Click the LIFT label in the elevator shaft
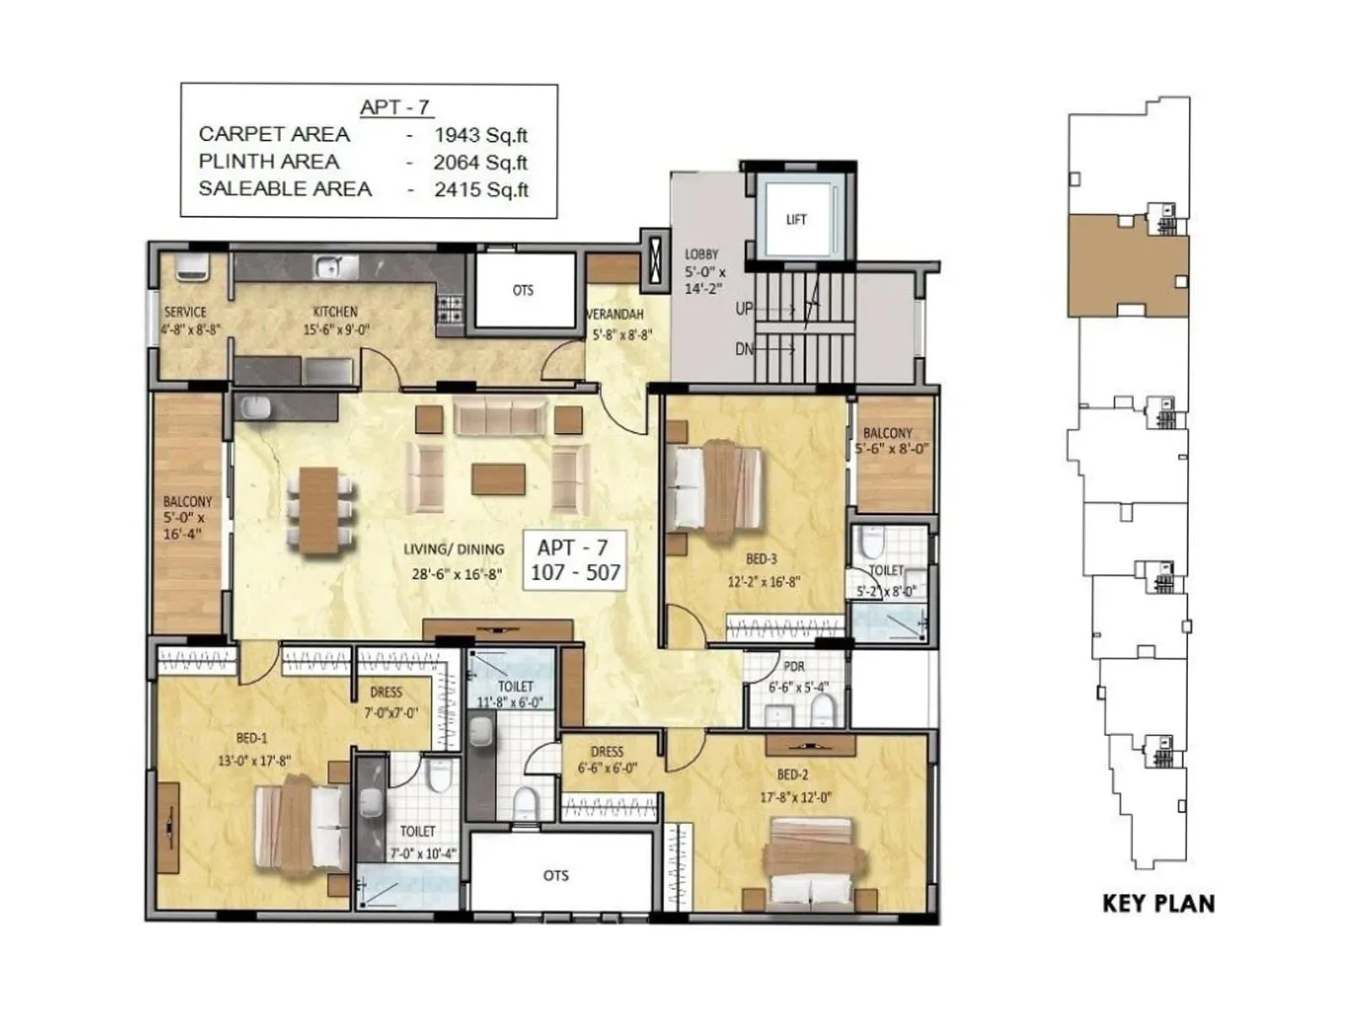(796, 219)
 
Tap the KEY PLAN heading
(1158, 903)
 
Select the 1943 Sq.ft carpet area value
(481, 135)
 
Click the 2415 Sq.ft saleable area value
(481, 190)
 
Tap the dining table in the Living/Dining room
(319, 512)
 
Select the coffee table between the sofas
(499, 479)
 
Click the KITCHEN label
(335, 311)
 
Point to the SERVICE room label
(185, 311)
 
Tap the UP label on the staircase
(743, 309)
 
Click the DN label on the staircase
(743, 349)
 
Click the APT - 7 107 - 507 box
(575, 561)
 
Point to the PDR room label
(793, 667)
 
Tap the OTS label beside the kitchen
(523, 290)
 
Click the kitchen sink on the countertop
(336, 268)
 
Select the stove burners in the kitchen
(450, 310)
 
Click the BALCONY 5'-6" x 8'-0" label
(888, 441)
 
